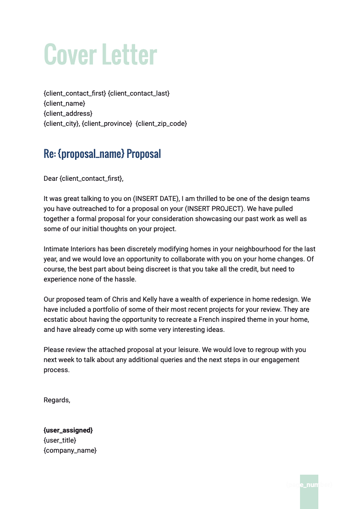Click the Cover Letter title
point(100,54)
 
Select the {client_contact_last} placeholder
point(139,93)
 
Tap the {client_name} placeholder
point(64,103)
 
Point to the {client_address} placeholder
point(68,114)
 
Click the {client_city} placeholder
point(61,124)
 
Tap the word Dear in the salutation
point(50,179)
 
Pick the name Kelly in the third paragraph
point(152,299)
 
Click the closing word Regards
point(56,400)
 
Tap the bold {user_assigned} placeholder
point(68,430)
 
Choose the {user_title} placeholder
point(60,440)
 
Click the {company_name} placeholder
point(70,450)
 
